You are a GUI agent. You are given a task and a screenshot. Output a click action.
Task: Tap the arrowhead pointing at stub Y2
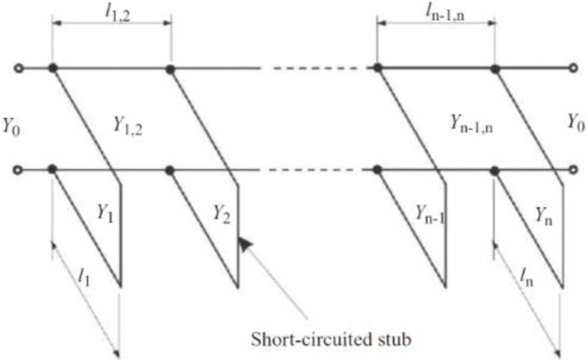(244, 244)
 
